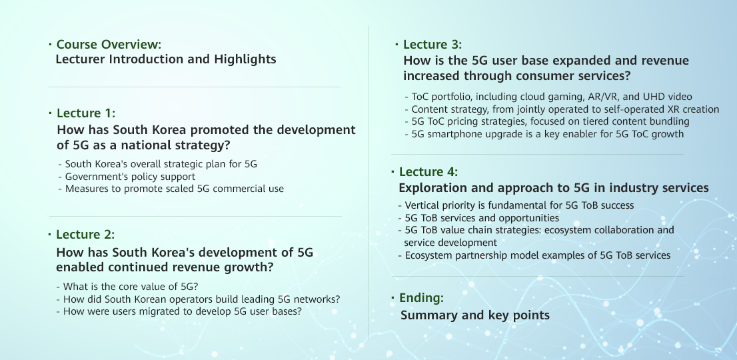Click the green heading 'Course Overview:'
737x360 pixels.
(109, 45)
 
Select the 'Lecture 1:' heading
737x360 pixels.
(85, 113)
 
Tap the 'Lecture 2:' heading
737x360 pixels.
(85, 234)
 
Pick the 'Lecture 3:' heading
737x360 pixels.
(432, 45)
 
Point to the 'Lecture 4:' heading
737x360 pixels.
(428, 171)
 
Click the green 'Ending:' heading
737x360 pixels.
(421, 298)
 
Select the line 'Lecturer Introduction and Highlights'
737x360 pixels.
(165, 60)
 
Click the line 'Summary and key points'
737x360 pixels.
(474, 315)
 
